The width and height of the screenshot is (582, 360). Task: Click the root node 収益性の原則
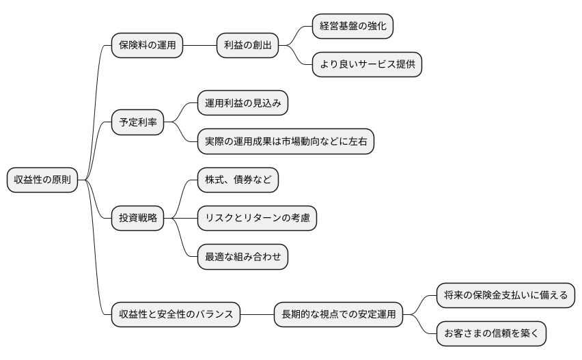42,180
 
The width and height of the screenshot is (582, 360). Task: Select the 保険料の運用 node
147,46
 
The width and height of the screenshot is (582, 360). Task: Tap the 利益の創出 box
247,46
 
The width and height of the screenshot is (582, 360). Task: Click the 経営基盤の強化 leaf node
352,26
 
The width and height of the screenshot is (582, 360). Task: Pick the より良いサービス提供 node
367,65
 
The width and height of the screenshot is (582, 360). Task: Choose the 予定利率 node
137,123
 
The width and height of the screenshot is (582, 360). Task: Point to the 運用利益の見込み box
242,103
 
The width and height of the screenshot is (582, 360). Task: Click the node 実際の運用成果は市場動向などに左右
285,142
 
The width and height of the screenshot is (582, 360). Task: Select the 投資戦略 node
137,219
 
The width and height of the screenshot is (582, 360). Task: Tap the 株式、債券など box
238,180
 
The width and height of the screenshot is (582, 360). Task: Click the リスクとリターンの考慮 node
257,219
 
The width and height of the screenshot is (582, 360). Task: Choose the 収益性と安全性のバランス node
176,315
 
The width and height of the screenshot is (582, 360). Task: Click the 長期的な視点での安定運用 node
338,315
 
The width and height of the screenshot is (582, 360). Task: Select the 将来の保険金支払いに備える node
505,296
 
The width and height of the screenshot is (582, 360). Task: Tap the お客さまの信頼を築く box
491,334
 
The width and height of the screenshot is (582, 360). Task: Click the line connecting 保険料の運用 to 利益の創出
199,46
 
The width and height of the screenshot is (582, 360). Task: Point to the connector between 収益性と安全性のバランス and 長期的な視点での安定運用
257,315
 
